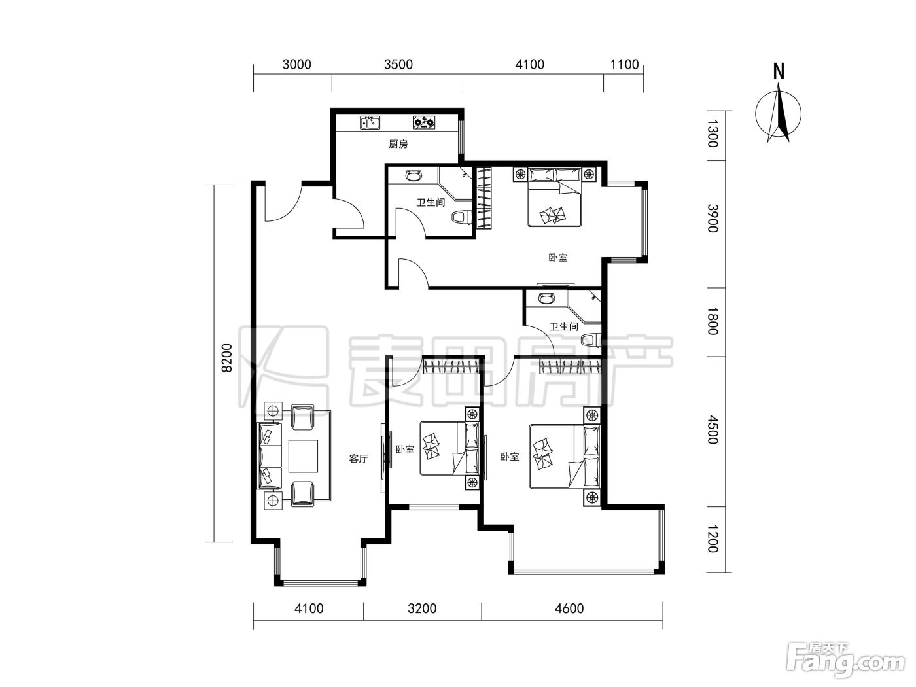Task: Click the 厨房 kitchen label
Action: pyautogui.click(x=398, y=145)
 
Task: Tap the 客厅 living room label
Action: pyautogui.click(x=358, y=459)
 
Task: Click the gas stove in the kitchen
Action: pyautogui.click(x=423, y=122)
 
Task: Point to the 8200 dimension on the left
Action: pyautogui.click(x=226, y=358)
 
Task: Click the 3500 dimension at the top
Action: pyautogui.click(x=398, y=65)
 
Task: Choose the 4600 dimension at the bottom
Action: pyautogui.click(x=569, y=608)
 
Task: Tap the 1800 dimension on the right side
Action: pyautogui.click(x=713, y=321)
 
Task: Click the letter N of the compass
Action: pyautogui.click(x=779, y=71)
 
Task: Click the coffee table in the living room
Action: pyautogui.click(x=304, y=456)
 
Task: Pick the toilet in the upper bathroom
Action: pyautogui.click(x=461, y=217)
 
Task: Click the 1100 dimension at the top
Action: pyautogui.click(x=624, y=65)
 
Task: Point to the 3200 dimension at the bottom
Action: pyautogui.click(x=422, y=608)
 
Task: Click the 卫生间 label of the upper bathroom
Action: pyautogui.click(x=431, y=203)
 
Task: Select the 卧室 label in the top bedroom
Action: pyautogui.click(x=557, y=258)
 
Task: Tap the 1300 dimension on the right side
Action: pyautogui.click(x=713, y=133)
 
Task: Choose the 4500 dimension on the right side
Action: pyautogui.click(x=713, y=430)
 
